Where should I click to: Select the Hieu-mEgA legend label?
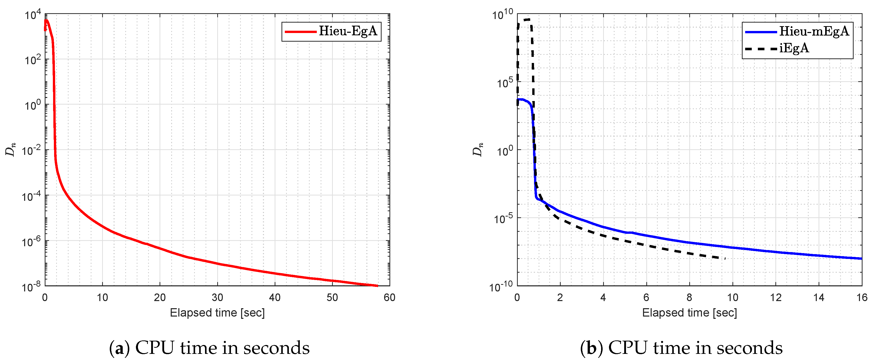tap(814, 31)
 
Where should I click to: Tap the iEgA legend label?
tap(794, 48)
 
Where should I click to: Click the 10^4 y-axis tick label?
tap(33, 15)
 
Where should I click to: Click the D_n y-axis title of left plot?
tap(11, 150)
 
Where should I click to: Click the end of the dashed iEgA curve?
tap(725, 259)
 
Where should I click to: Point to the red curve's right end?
tap(377, 286)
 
